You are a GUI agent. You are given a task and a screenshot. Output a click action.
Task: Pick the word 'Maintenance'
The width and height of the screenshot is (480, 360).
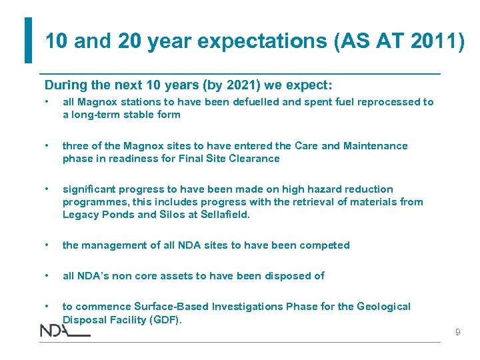coord(375,146)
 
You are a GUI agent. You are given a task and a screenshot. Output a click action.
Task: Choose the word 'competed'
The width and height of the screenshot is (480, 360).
coord(324,245)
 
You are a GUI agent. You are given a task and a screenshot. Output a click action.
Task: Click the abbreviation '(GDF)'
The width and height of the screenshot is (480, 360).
coord(164,320)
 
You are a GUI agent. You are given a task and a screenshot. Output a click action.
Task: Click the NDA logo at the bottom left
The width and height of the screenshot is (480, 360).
coord(64,331)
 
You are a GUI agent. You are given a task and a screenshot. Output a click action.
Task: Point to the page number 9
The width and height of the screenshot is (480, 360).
coord(457,331)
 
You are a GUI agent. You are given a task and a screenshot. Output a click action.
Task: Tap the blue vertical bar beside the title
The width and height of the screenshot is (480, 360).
coord(28,40)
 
